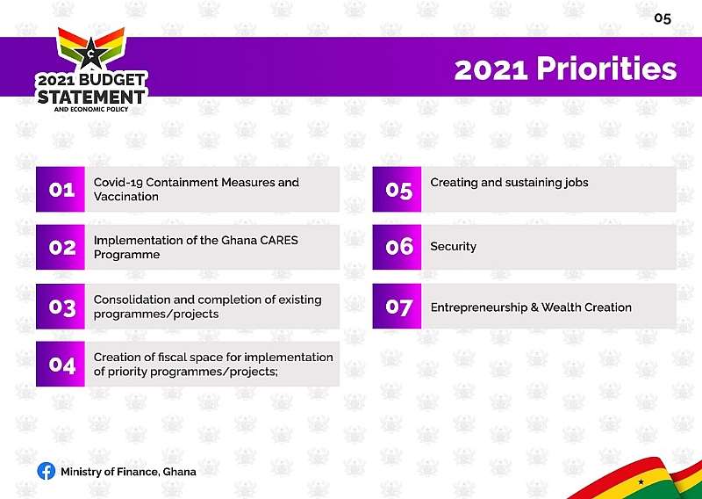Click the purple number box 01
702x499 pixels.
(x=61, y=189)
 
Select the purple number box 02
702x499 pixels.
(x=61, y=247)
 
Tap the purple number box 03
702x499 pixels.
(x=61, y=307)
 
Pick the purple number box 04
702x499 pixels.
(x=61, y=364)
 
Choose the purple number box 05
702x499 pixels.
(x=398, y=189)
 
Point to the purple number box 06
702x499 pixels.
(x=398, y=247)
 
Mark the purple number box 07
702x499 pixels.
(x=398, y=307)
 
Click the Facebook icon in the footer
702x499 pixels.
(x=47, y=471)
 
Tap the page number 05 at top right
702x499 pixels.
(x=663, y=18)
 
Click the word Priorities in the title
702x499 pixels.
(x=606, y=69)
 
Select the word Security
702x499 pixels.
(x=453, y=247)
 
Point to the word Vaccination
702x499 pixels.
(x=125, y=197)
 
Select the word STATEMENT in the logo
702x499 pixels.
(x=91, y=97)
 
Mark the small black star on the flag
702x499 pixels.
(x=641, y=481)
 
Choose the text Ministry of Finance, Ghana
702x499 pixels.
(x=128, y=472)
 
